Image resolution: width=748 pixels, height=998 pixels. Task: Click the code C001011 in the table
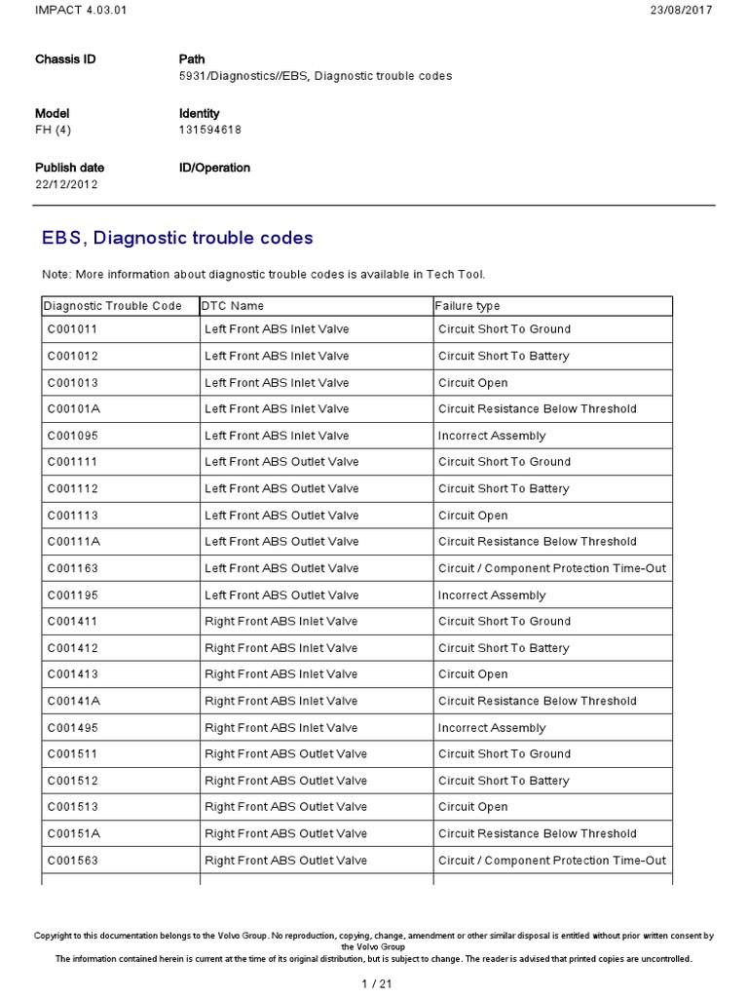(x=72, y=329)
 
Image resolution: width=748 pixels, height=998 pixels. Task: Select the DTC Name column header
(x=234, y=306)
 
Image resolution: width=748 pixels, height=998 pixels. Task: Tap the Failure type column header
(x=467, y=306)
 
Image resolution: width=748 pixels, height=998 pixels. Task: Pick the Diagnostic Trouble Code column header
(x=113, y=306)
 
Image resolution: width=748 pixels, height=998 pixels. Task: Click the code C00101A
(x=73, y=409)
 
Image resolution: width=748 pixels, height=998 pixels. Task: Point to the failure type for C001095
(x=492, y=436)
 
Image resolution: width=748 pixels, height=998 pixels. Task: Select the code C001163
(x=72, y=568)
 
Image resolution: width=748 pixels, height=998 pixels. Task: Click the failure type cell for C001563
(x=552, y=861)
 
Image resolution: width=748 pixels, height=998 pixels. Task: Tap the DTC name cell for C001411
(x=281, y=622)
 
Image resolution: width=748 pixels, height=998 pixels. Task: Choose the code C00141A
(x=73, y=702)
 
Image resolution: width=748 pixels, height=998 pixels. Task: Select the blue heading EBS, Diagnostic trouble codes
(x=177, y=238)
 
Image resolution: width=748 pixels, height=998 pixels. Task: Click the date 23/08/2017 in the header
(x=681, y=10)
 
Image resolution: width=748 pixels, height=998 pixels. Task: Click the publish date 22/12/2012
(x=66, y=184)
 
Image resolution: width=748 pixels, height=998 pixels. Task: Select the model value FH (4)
(x=54, y=130)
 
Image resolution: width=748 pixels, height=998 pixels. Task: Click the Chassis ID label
(x=65, y=59)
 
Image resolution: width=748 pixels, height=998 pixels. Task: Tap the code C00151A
(x=73, y=834)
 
